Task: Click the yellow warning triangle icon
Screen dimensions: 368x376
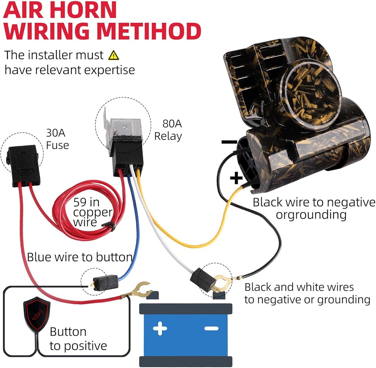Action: click(113, 55)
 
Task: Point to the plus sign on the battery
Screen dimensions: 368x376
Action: click(160, 329)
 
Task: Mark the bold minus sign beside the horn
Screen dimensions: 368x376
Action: click(229, 142)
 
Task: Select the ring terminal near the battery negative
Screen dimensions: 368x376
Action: click(219, 281)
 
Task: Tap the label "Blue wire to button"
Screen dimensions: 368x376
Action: click(79, 257)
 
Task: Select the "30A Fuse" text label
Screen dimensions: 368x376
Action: click(57, 138)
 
